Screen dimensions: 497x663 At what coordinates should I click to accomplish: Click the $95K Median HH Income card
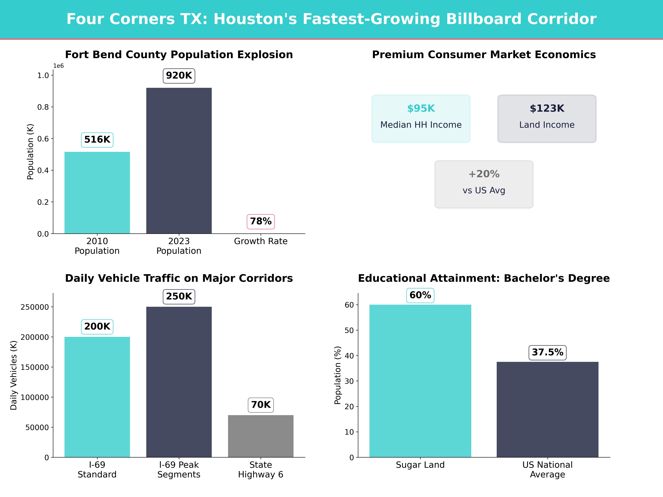click(x=421, y=119)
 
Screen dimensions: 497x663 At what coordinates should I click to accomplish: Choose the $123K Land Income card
click(x=547, y=119)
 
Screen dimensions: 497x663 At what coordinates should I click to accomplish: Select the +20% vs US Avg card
click(x=484, y=184)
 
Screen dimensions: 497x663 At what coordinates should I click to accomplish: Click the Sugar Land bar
click(x=420, y=381)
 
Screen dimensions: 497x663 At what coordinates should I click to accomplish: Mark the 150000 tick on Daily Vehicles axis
click(x=35, y=367)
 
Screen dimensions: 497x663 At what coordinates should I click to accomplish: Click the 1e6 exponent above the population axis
click(x=58, y=66)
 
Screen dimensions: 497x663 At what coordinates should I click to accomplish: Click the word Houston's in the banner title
click(x=255, y=19)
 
